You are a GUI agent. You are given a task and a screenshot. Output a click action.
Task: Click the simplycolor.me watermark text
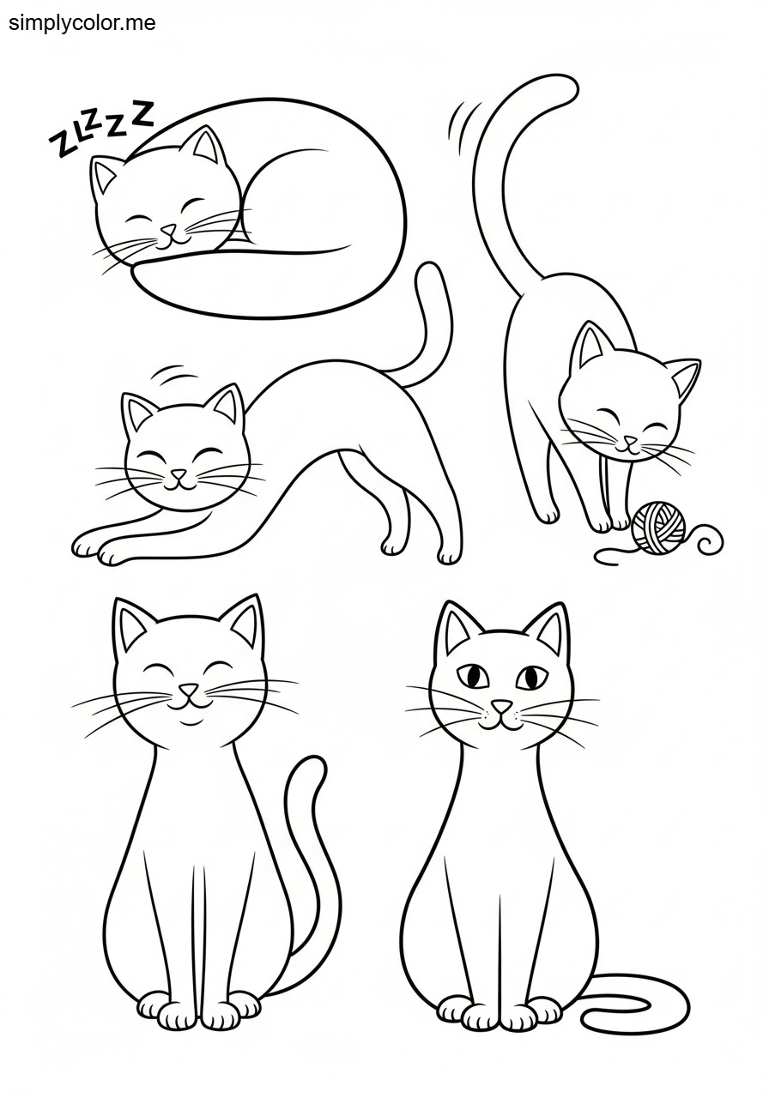click(82, 22)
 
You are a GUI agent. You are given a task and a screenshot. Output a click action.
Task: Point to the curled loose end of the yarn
click(711, 540)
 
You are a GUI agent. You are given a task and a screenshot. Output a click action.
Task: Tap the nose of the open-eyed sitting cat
click(501, 707)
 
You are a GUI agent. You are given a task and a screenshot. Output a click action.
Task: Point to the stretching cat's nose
click(179, 474)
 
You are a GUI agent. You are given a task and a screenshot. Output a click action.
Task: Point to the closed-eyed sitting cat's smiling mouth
click(190, 706)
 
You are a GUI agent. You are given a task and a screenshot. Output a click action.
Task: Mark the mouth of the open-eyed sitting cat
click(501, 721)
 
